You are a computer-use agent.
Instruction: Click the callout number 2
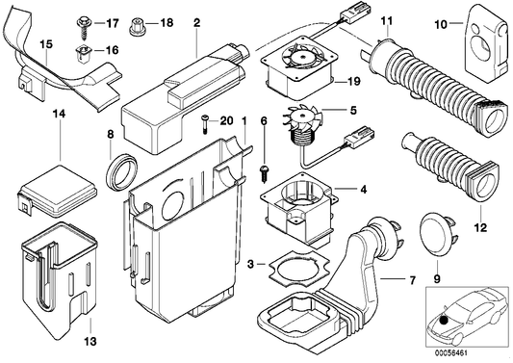point(196,21)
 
